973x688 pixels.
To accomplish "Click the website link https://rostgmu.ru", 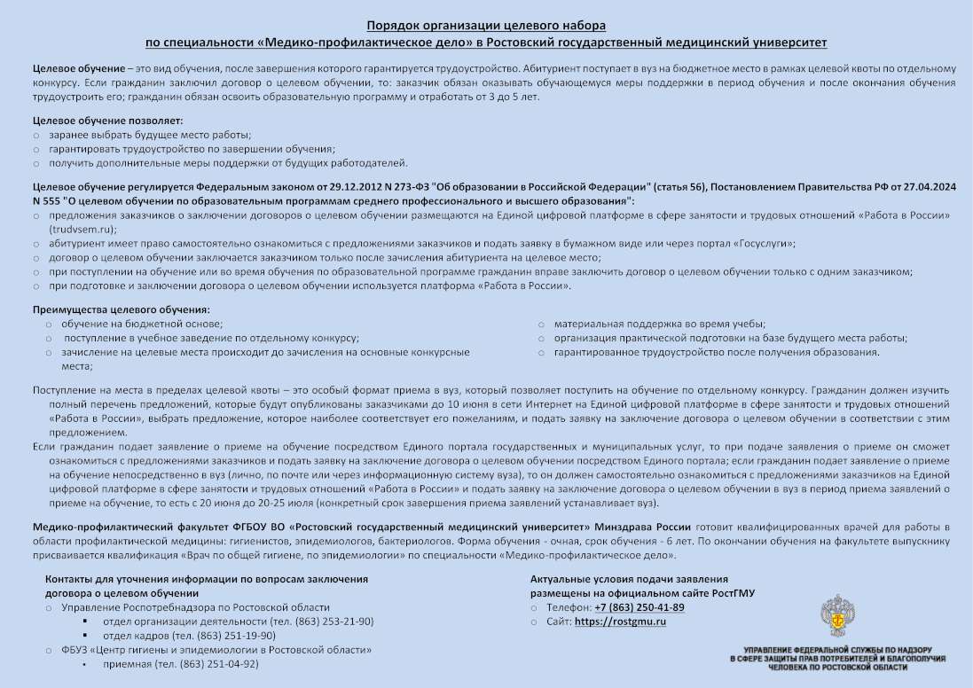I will click(x=620, y=622).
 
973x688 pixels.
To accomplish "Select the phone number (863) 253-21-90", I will click(x=336, y=622).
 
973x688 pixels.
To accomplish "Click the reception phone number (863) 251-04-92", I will click(x=219, y=664).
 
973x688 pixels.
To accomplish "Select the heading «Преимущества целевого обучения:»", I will click(x=122, y=309).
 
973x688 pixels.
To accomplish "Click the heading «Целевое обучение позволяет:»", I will click(x=108, y=120).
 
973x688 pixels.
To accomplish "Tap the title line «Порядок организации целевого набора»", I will click(x=486, y=26).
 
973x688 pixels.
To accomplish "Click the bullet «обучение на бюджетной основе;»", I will click(x=143, y=324).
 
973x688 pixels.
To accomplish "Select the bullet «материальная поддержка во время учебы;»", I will click(x=660, y=324).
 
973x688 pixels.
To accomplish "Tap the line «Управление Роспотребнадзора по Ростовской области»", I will click(x=195, y=607).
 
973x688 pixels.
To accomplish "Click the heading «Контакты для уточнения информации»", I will click(x=207, y=579).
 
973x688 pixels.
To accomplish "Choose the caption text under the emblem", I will click(x=837, y=659).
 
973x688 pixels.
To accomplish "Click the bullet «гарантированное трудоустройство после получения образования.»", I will click(x=717, y=352).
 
